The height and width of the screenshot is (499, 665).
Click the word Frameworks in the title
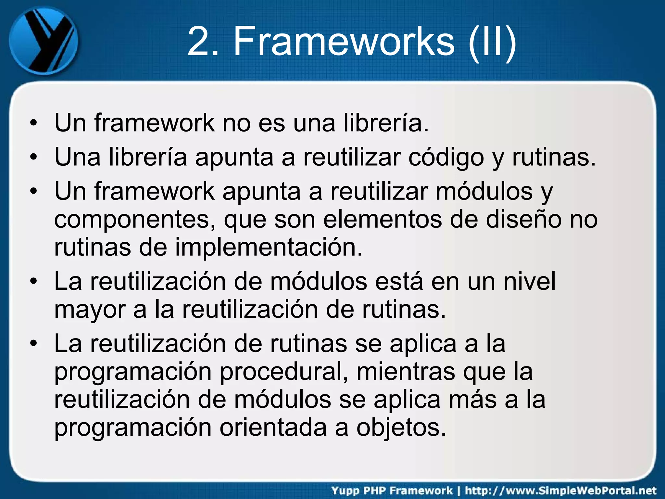pyautogui.click(x=344, y=41)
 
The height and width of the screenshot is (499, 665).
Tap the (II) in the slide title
pyautogui.click(x=492, y=41)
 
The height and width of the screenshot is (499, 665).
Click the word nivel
pyautogui.click(x=530, y=281)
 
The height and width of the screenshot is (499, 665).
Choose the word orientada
pyautogui.click(x=273, y=428)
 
